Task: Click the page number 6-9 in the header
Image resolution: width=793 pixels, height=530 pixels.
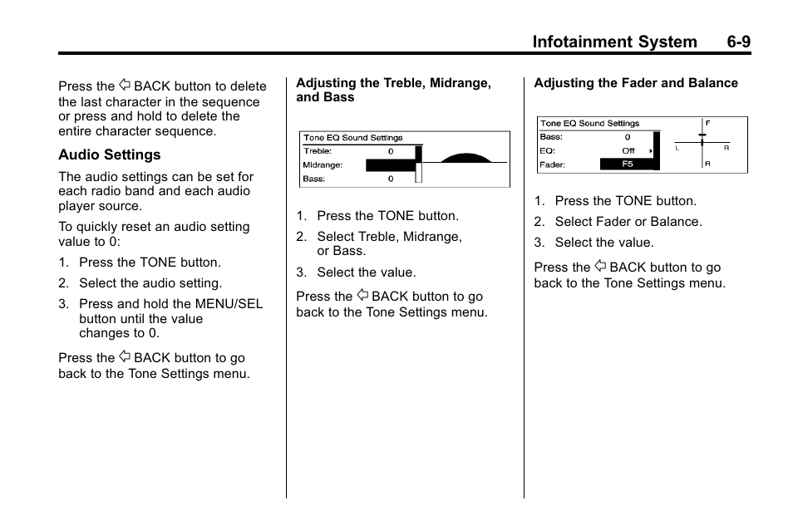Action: (x=731, y=42)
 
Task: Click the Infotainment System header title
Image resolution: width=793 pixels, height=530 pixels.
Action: (x=614, y=42)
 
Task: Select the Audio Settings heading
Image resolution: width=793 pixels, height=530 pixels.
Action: (x=109, y=155)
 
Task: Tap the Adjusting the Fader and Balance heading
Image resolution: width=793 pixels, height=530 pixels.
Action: (x=636, y=83)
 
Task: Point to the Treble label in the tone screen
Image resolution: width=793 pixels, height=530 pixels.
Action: (x=318, y=152)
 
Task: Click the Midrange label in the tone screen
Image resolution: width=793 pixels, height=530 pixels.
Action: (x=323, y=165)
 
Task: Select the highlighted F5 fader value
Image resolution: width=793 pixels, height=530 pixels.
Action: (x=627, y=164)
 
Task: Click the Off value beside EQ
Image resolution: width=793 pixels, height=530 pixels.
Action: (x=628, y=151)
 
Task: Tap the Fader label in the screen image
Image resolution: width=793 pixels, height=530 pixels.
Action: (x=553, y=164)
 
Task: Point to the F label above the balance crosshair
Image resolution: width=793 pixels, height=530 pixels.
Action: (x=707, y=122)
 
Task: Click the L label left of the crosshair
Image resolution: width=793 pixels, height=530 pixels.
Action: (x=677, y=148)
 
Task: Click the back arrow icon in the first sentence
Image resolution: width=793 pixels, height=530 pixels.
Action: (x=125, y=86)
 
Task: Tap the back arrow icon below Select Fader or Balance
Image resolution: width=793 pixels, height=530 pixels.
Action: (x=600, y=267)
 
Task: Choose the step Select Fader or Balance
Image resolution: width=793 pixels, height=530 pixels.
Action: (x=628, y=222)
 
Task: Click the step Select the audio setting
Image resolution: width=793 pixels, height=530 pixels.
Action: (x=150, y=283)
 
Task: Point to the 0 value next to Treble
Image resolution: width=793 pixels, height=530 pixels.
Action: (x=391, y=152)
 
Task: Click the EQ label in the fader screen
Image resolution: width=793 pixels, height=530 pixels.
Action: (x=547, y=151)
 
